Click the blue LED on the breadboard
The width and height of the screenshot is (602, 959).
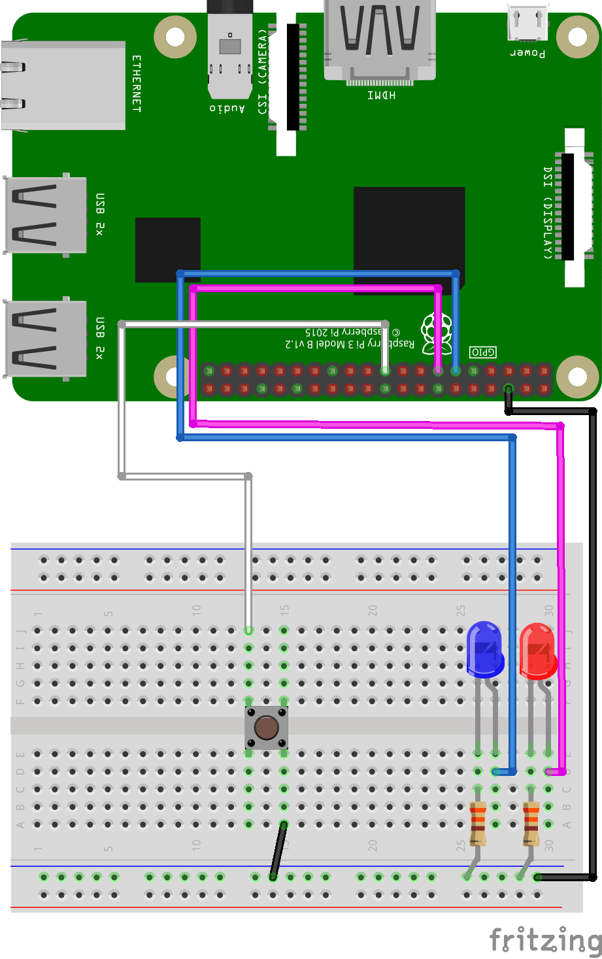pos(485,649)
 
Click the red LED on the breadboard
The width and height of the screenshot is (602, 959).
pos(537,651)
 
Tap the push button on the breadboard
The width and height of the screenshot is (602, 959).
pos(266,728)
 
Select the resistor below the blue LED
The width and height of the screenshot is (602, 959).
pos(478,823)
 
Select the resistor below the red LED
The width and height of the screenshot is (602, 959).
pos(531,823)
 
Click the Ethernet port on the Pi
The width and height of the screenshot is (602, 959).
pos(63,86)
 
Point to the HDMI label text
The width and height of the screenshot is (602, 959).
pos(380,95)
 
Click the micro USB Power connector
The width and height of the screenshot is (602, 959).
pos(528,24)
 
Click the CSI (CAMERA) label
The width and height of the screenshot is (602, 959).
pos(263,71)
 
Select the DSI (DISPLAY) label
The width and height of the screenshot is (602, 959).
pos(548,212)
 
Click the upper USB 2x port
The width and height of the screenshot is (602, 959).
pos(44,214)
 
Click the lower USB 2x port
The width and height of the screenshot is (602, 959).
pos(44,339)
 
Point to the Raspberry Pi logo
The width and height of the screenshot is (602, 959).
pos(436,332)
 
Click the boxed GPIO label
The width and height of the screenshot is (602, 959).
pos(483,352)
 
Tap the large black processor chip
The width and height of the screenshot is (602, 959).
pos(409,239)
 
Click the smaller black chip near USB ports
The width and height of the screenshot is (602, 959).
pos(167,250)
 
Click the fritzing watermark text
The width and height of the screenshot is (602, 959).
pos(545,940)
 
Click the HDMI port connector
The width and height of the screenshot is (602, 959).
pos(380,39)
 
